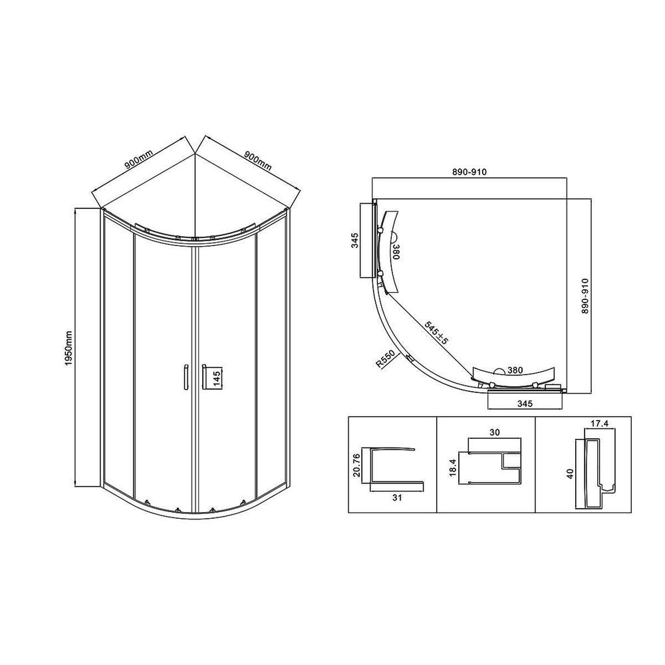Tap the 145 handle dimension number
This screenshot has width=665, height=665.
click(217, 379)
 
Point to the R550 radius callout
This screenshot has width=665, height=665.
click(388, 360)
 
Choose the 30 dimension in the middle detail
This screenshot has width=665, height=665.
click(493, 432)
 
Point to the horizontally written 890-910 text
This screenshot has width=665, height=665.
click(469, 172)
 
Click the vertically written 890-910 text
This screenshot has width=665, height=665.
click(585, 296)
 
